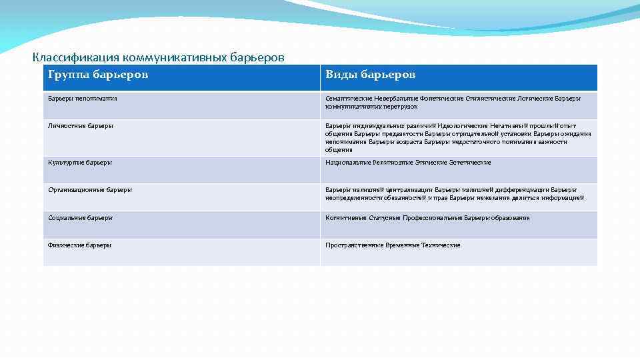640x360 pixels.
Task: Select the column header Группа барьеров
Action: [98, 74]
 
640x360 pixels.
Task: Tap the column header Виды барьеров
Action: [370, 74]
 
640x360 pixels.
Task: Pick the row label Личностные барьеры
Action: [81, 126]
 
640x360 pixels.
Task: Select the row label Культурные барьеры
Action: [80, 163]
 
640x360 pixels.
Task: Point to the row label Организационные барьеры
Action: [90, 190]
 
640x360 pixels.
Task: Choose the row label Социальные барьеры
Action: [80, 218]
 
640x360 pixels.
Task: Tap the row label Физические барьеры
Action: [79, 245]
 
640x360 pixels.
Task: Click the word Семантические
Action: [347, 99]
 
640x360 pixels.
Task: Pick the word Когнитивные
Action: [345, 218]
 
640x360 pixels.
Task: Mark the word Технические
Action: [441, 245]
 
